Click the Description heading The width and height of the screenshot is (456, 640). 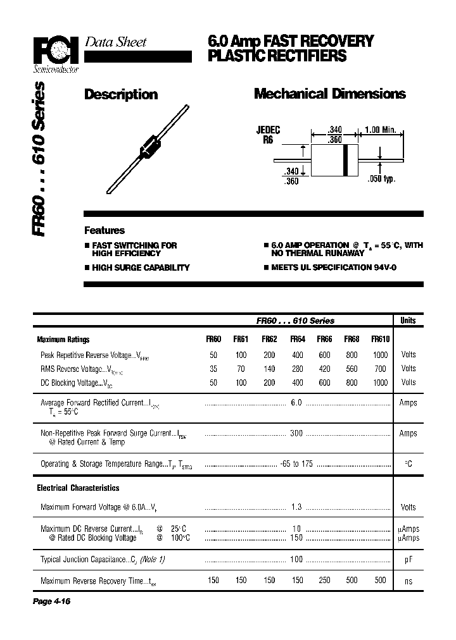[121, 94]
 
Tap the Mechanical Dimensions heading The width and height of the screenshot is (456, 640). [329, 94]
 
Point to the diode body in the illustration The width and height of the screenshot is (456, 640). [148, 147]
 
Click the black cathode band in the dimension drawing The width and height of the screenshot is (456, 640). [346, 159]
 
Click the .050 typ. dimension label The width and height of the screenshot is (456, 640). [381, 180]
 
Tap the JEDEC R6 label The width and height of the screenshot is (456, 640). [268, 135]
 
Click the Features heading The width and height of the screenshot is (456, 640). [104, 231]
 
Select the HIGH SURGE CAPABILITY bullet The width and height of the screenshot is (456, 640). [140, 268]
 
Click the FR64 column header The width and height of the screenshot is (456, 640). [297, 339]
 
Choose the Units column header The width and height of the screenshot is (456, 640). [408, 321]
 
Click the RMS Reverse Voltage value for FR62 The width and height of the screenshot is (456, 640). [269, 369]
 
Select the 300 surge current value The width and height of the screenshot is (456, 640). [296, 433]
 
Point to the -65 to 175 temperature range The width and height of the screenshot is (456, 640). [296, 464]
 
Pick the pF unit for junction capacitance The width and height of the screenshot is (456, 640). [408, 560]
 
